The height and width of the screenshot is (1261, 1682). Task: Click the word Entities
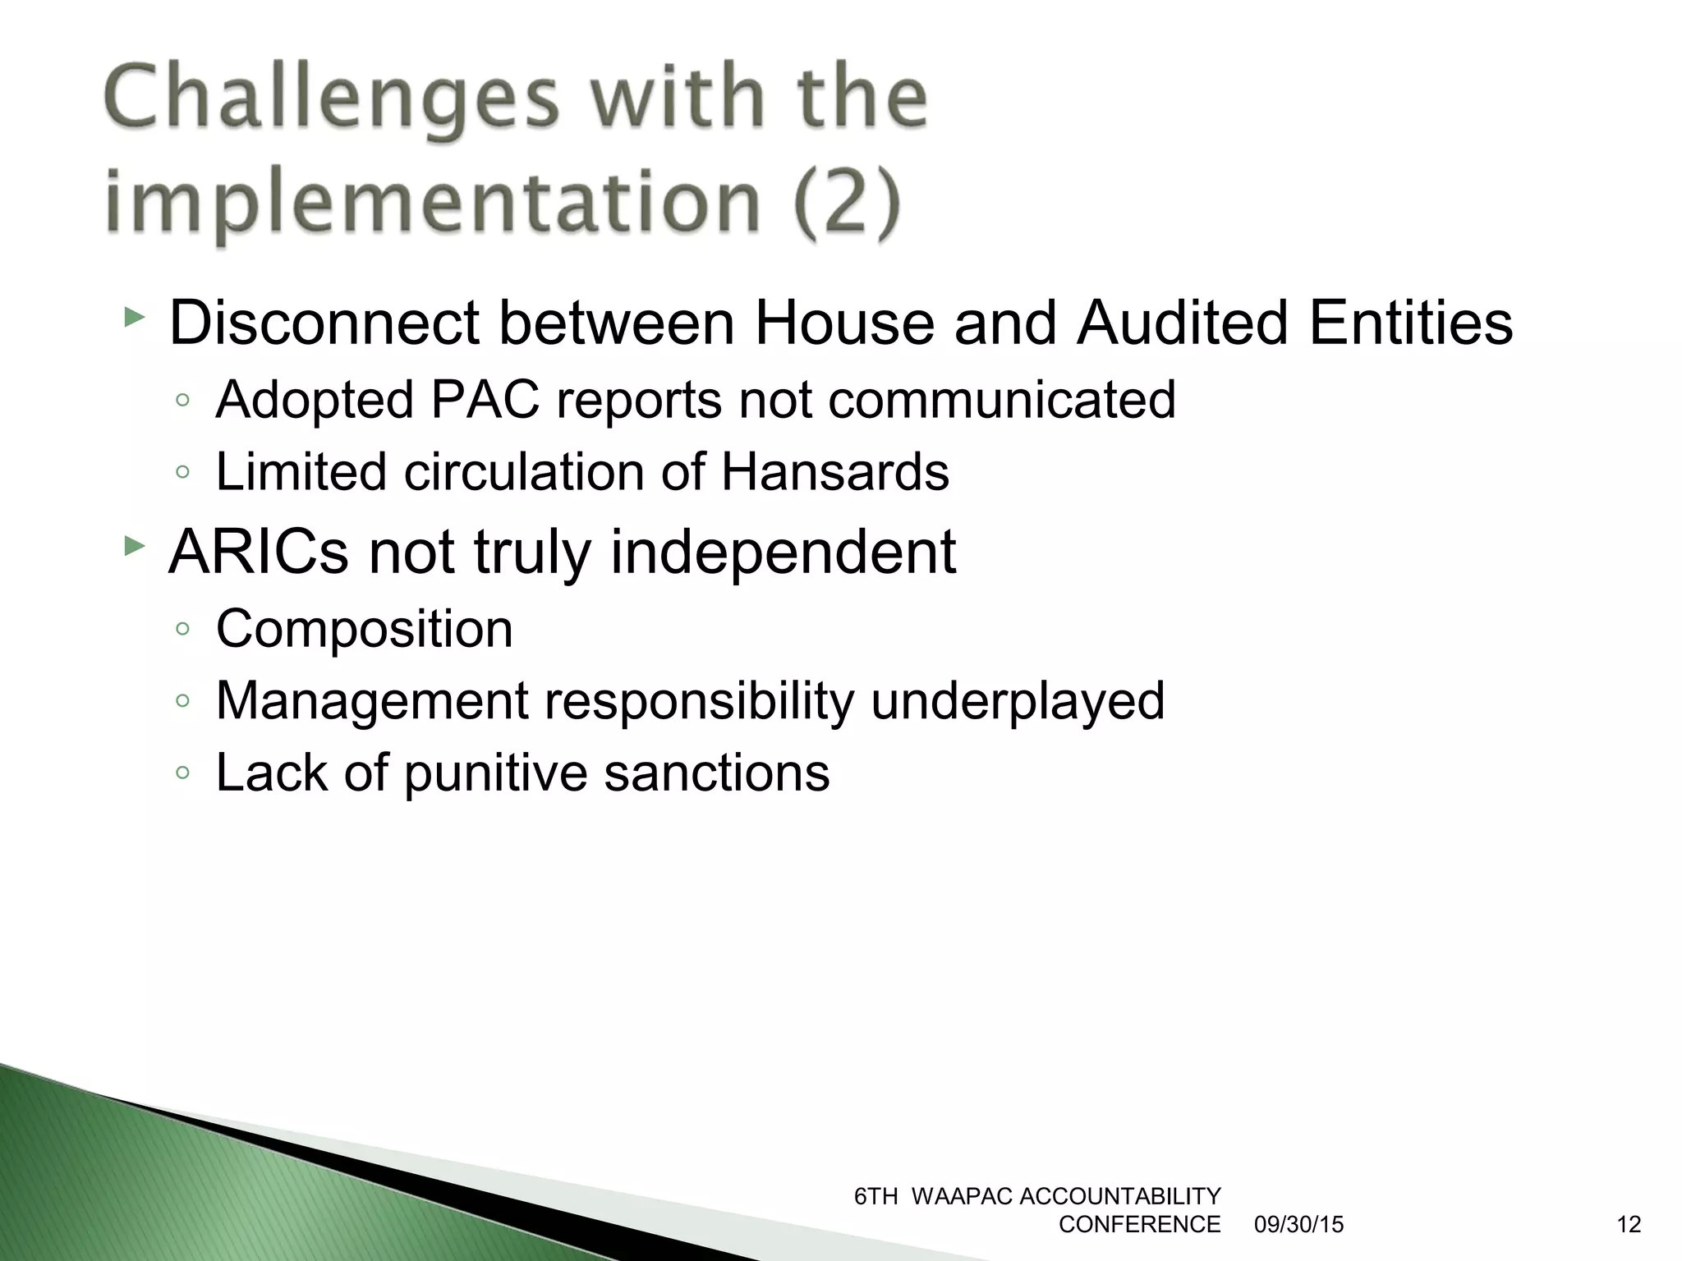click(x=1410, y=323)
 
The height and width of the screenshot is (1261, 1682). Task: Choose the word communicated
click(x=1001, y=400)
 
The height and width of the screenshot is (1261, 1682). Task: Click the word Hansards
click(x=835, y=472)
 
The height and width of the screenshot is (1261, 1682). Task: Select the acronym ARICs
click(x=259, y=552)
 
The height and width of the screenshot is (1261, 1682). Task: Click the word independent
click(x=784, y=552)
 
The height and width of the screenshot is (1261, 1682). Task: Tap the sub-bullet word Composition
click(x=364, y=629)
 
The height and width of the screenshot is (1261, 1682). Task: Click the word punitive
click(x=495, y=773)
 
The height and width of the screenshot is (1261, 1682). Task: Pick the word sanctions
click(x=717, y=773)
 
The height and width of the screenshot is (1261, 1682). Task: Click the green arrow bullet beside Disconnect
click(x=134, y=317)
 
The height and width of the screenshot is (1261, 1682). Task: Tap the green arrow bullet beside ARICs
click(x=134, y=546)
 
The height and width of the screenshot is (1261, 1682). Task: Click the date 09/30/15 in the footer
click(x=1298, y=1225)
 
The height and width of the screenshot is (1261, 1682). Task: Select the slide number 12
click(x=1628, y=1225)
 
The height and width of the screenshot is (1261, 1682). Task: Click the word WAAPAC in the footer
click(x=963, y=1197)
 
